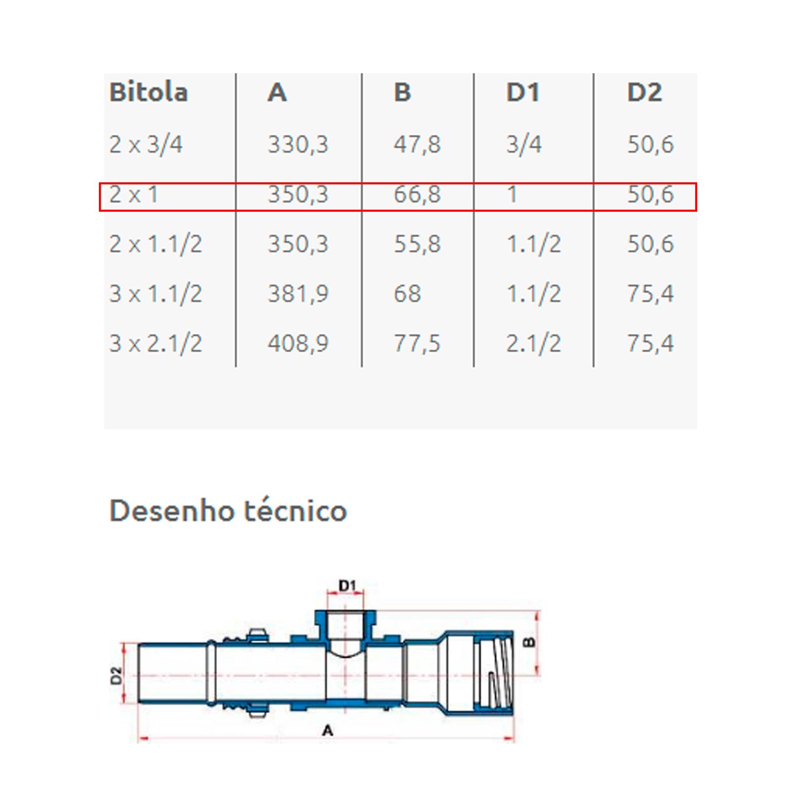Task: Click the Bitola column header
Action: (x=149, y=92)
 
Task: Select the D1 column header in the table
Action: (x=523, y=92)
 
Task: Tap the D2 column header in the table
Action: (x=644, y=92)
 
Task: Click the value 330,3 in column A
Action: (x=298, y=144)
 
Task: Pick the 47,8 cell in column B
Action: (x=417, y=144)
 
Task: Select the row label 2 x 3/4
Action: (x=146, y=144)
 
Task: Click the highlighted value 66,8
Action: (x=417, y=194)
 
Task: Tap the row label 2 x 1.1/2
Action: (x=156, y=244)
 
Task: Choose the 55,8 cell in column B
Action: (x=417, y=244)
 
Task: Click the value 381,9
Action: (x=298, y=294)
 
